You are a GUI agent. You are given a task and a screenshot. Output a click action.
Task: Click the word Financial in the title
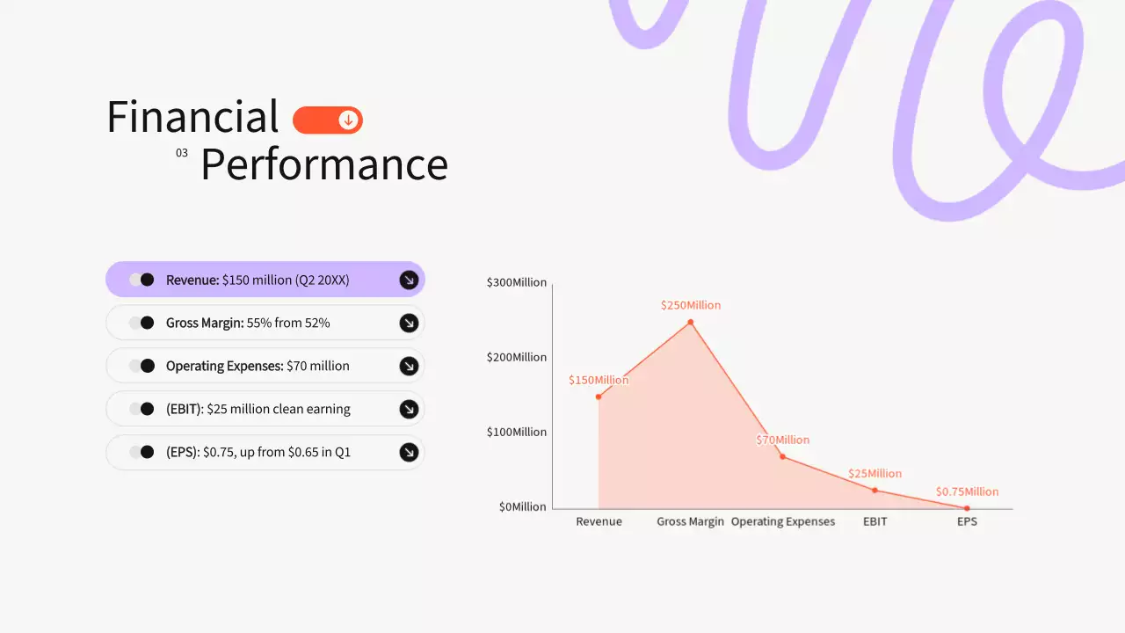pos(192,117)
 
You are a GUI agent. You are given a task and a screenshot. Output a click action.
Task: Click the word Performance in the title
pos(324,164)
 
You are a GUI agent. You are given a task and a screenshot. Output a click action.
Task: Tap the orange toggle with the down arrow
pos(328,120)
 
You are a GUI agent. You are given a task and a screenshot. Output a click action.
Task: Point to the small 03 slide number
pos(182,153)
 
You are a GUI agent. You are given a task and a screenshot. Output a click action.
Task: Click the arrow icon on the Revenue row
pos(409,280)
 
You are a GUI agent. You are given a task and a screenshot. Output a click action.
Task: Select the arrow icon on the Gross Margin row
pos(409,323)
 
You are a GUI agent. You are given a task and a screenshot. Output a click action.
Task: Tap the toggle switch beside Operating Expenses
pos(142,366)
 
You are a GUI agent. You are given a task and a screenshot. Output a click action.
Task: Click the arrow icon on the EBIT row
pos(409,409)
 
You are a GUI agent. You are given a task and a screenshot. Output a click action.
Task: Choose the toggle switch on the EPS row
pos(142,452)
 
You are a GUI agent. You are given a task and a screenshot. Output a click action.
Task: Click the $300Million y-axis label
pos(517,282)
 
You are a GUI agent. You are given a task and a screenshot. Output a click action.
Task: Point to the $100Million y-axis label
pos(517,432)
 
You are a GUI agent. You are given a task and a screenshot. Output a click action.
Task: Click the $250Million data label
pos(691,305)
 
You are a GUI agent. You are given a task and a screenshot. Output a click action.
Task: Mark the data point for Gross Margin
pos(690,322)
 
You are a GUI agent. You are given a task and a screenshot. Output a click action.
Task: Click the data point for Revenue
pos(599,397)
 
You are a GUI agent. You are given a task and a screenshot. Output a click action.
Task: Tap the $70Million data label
pos(783,440)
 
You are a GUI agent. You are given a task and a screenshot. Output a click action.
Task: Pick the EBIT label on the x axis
pos(875,521)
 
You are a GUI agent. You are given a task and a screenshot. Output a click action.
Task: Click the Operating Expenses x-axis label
pos(783,521)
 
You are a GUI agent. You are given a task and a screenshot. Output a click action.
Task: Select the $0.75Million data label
pos(967,491)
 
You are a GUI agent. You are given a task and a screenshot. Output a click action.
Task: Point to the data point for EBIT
pos(875,490)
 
